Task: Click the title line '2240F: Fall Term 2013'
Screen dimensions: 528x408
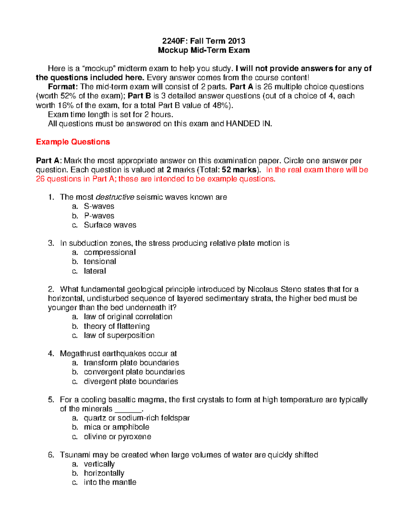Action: (x=204, y=41)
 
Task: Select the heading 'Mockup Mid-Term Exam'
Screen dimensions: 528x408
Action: (x=204, y=50)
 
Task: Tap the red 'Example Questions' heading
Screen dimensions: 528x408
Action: (x=73, y=142)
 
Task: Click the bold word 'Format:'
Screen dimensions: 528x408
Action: (x=63, y=87)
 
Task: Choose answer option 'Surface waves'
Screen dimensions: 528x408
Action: (x=110, y=225)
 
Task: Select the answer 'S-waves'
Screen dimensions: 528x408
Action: (x=99, y=206)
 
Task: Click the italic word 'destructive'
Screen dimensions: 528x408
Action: (x=115, y=197)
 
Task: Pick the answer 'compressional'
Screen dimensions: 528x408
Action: (x=109, y=252)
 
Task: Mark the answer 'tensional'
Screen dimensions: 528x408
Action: (x=100, y=261)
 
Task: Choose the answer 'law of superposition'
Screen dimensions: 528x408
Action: (x=119, y=336)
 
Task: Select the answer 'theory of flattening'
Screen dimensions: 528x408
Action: (x=117, y=326)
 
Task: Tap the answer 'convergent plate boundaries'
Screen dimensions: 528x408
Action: (x=134, y=372)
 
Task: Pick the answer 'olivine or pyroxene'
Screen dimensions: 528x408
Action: (x=117, y=437)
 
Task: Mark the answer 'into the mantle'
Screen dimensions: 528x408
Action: (x=110, y=482)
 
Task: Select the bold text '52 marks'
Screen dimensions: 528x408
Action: (x=239, y=170)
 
